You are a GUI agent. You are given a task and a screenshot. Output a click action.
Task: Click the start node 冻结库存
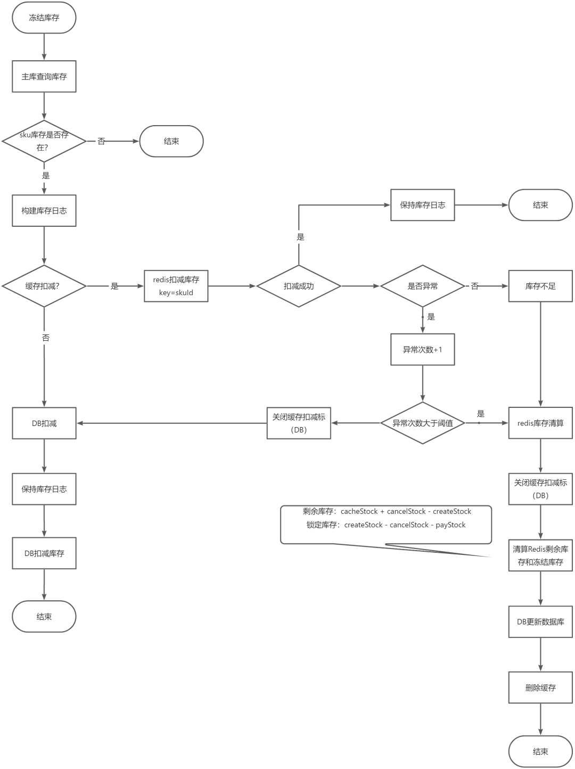44,18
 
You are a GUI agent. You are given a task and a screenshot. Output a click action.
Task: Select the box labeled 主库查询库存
44,77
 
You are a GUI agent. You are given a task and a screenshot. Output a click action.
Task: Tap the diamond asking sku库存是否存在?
44,142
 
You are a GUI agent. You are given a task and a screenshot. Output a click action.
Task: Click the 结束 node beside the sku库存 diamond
171,142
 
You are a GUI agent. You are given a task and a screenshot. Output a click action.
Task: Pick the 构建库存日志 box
44,211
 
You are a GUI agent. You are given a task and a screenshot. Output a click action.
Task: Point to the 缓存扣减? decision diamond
44,286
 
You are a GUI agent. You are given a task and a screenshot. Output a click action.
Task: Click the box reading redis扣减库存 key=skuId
176,286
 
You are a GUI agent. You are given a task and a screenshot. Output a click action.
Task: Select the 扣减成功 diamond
299,286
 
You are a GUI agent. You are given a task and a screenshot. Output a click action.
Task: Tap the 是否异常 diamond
423,286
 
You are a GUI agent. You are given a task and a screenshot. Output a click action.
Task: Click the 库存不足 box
540,286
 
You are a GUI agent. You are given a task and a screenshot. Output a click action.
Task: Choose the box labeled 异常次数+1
423,350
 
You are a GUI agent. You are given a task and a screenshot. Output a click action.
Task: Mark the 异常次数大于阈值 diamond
423,423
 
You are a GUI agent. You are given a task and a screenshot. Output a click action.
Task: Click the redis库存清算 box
540,423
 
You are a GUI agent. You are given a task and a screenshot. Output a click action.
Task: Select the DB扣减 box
44,423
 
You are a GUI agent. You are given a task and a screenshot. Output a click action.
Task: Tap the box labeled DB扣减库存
44,553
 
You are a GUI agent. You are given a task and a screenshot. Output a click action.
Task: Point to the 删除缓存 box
540,688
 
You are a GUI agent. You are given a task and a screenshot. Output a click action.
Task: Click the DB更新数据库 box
540,621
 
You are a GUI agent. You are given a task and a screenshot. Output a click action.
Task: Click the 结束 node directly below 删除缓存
540,751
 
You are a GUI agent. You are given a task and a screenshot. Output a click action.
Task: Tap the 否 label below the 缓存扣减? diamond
46,338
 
